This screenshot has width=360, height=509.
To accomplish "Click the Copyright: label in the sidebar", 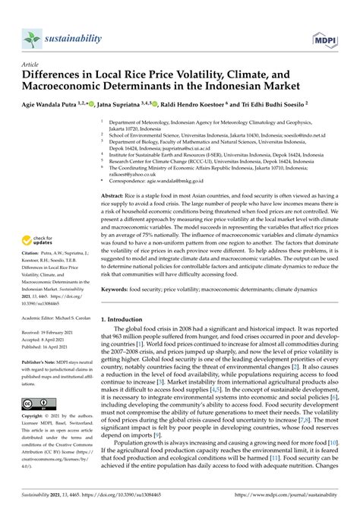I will click(x=33, y=417).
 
